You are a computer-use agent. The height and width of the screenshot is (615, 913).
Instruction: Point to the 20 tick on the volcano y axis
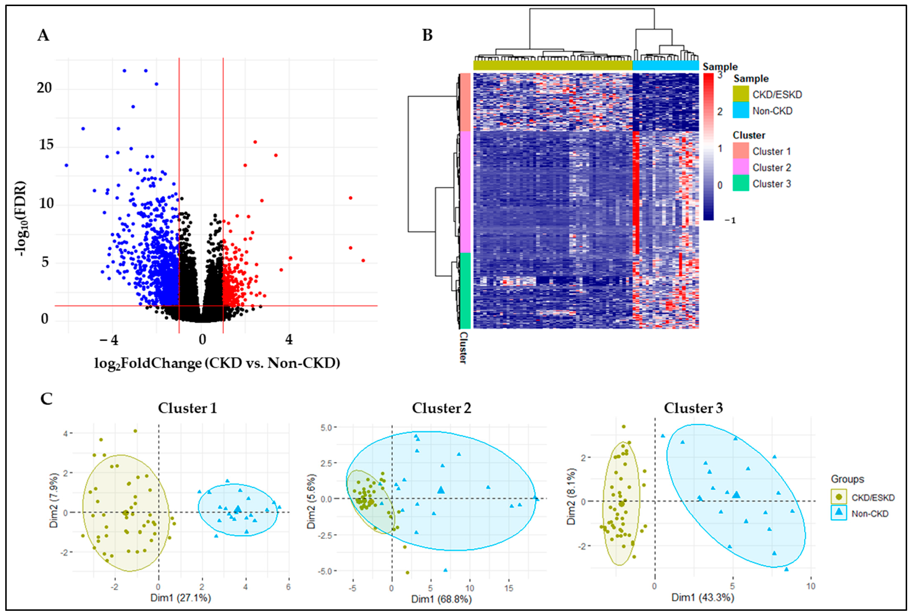click(x=44, y=88)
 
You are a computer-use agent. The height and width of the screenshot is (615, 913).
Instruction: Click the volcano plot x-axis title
click(x=217, y=363)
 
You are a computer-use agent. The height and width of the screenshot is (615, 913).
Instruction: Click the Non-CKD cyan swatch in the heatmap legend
click(x=740, y=111)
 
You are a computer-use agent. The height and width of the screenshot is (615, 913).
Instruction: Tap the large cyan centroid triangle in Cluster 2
click(x=441, y=490)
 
